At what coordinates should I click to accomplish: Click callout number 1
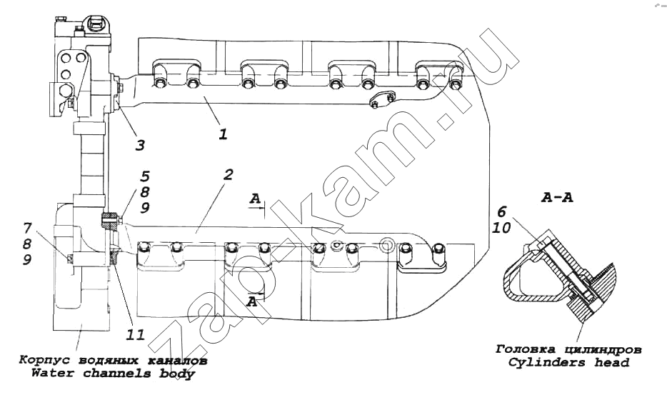(x=224, y=134)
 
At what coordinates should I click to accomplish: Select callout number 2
(x=229, y=174)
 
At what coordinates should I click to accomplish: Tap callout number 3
(x=140, y=146)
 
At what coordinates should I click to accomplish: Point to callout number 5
(x=145, y=176)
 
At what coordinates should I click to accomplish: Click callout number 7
(x=27, y=228)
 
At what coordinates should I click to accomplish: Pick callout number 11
(x=136, y=335)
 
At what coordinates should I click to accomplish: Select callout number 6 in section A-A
(x=502, y=211)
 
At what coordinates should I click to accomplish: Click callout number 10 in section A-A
(x=501, y=228)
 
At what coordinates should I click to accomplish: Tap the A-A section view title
(x=557, y=197)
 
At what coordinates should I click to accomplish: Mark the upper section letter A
(x=255, y=199)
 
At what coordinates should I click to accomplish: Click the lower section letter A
(x=252, y=301)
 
